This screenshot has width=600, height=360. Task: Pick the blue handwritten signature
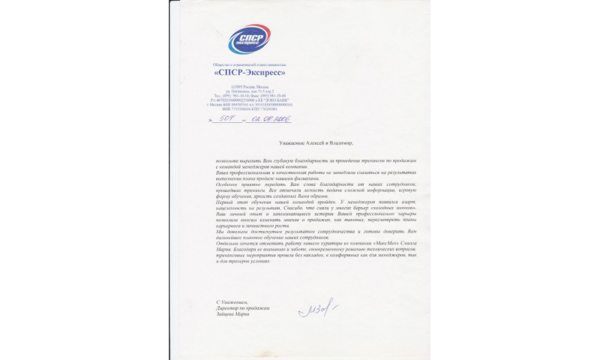coord(316,308)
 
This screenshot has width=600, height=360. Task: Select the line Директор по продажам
coord(241,308)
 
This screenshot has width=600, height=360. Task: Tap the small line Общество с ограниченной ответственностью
coord(248,65)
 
